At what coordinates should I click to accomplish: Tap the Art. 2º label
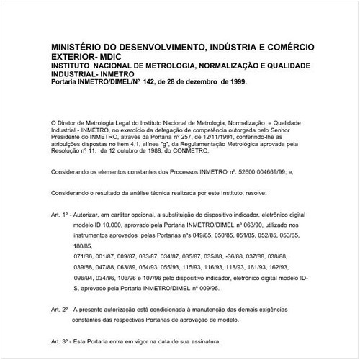(61, 307)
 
